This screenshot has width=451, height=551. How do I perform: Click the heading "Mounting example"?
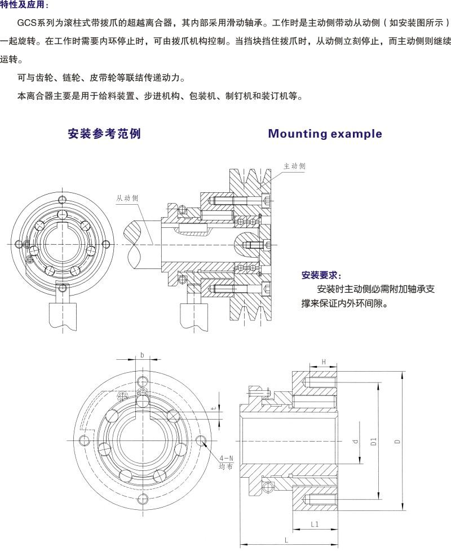(325, 134)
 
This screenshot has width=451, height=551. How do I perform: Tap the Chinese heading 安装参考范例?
(104, 134)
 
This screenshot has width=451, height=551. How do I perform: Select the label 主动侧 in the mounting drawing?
(294, 166)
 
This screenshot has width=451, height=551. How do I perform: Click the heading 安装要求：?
(321, 276)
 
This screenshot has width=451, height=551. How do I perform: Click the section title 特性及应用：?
(24, 5)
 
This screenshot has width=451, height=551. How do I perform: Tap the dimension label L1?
(315, 524)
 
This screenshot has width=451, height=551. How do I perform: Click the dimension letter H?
(324, 362)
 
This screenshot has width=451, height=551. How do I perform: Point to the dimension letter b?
(142, 355)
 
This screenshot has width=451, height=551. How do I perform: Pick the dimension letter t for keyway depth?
(213, 407)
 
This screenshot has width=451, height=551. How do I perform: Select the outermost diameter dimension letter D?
(397, 442)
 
